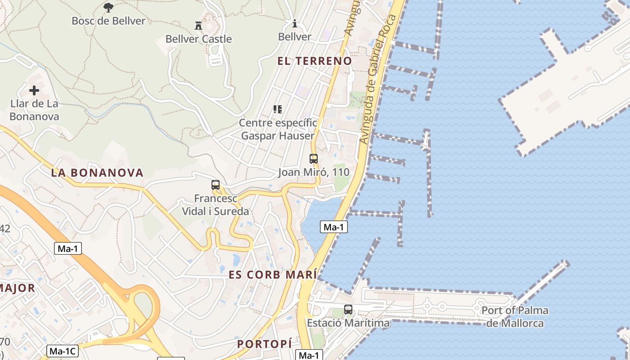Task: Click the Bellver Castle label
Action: (198, 39)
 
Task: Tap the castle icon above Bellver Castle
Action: (198, 25)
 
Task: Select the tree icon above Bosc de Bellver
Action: (108, 7)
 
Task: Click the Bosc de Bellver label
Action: (108, 21)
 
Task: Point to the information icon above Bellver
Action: (295, 23)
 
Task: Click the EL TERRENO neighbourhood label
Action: (315, 61)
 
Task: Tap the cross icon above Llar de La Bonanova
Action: (34, 90)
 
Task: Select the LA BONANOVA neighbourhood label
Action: (97, 172)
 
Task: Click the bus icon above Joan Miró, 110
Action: (314, 158)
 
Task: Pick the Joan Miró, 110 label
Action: (314, 172)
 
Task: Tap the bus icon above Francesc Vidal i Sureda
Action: (216, 184)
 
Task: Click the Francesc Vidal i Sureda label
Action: (216, 205)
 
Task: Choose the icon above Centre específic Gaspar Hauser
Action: (278, 109)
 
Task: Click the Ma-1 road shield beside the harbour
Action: (334, 227)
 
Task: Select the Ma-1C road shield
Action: (63, 351)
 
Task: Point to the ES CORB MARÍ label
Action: (273, 275)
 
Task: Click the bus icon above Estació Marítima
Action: (348, 309)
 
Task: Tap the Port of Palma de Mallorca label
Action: (515, 317)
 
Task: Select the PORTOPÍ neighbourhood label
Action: (265, 344)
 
